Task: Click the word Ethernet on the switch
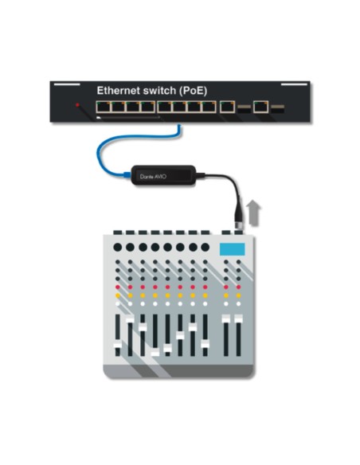click(x=119, y=91)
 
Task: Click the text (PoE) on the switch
click(x=193, y=91)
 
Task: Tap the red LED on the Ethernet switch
click(x=77, y=104)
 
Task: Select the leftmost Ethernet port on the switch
click(x=103, y=107)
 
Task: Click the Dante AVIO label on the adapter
click(x=153, y=177)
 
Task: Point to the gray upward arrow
click(x=254, y=213)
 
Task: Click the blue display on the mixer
click(x=233, y=249)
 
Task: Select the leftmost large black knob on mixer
click(x=118, y=247)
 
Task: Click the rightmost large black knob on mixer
click(x=205, y=247)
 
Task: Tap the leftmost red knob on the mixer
click(x=118, y=287)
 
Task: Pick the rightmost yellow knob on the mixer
click(x=238, y=295)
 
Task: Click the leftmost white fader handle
click(x=117, y=346)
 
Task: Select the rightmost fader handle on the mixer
click(x=238, y=319)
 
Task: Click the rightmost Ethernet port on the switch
click(x=260, y=107)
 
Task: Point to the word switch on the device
click(x=159, y=91)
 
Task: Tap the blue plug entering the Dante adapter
click(x=127, y=175)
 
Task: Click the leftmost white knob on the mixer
click(x=118, y=303)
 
